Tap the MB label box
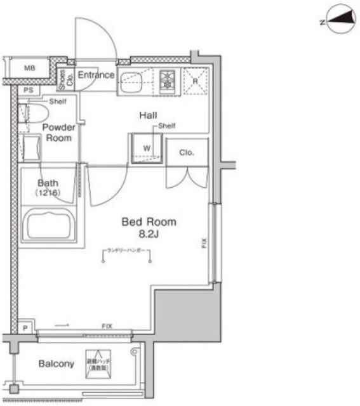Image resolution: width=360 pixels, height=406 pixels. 29,67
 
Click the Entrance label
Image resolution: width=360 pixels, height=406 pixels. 96,75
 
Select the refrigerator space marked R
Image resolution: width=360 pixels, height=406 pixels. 195,80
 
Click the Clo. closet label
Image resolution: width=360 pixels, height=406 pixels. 186,152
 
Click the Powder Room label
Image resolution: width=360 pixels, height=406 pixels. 58,132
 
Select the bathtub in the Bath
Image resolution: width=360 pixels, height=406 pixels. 49,223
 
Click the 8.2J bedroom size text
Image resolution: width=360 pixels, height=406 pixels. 149,234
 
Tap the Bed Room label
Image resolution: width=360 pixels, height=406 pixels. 149,222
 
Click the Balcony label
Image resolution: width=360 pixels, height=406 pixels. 57,363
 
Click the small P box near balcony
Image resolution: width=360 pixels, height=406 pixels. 25,327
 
